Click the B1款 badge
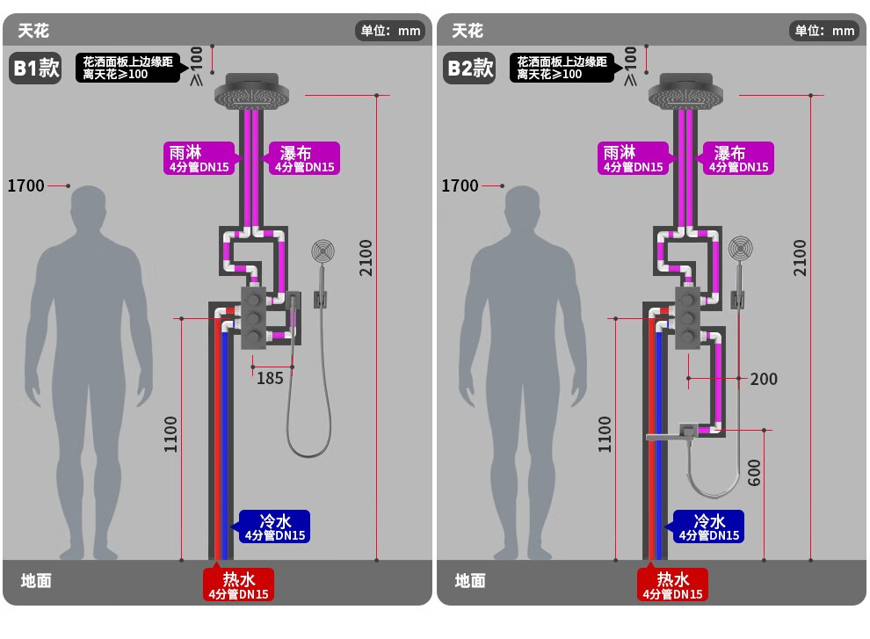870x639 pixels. coord(35,69)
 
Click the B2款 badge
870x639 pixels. coord(469,69)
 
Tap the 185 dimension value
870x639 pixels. coord(270,379)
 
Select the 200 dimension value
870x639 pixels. coord(764,379)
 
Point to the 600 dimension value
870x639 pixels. coord(755,473)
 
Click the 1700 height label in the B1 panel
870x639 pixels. coord(25,185)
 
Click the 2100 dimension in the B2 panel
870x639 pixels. coord(800,258)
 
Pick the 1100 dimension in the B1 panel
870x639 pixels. coord(170,434)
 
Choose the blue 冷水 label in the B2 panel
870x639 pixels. coord(708,526)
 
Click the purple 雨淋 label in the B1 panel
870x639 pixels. coord(199,158)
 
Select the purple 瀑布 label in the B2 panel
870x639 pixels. coord(737,158)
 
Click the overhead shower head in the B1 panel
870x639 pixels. coord(252,91)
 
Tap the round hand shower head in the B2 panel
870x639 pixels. coord(740,249)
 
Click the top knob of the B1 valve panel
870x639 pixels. coord(253,300)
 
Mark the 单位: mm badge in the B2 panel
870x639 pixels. coord(824,31)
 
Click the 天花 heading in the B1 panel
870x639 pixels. coord(33,31)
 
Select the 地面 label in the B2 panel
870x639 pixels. coord(470,581)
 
